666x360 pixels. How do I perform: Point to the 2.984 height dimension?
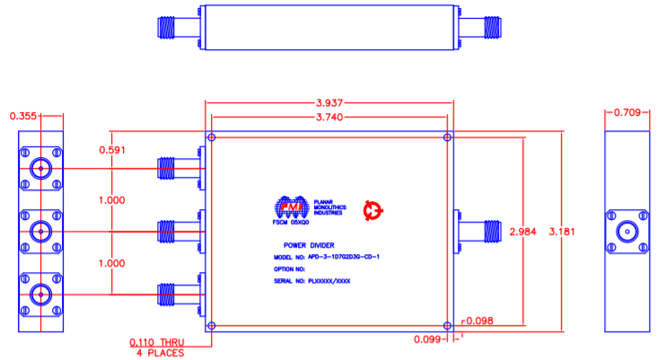coord(522,231)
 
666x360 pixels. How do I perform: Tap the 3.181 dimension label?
coord(561,231)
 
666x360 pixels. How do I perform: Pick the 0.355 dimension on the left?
coord(24,115)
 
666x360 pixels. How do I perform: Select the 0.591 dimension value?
coord(113,150)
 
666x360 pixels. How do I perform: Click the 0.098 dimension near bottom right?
coord(479,320)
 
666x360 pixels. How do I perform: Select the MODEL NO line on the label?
coord(326,256)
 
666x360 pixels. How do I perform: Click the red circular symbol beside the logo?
coord(372,211)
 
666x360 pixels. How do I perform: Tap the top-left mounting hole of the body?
coord(211,138)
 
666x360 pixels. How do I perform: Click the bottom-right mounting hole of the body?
coord(448,325)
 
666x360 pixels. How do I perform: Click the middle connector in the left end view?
coord(39,233)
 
